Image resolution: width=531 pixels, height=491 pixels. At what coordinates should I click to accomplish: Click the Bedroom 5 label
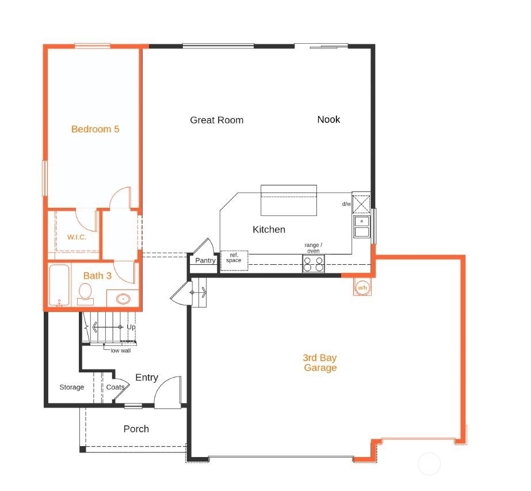tap(95, 129)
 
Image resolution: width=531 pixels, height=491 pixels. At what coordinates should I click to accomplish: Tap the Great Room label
tap(217, 120)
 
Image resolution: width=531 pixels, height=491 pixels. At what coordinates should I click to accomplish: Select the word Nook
tap(328, 119)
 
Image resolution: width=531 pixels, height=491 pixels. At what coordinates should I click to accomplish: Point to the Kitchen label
tap(269, 230)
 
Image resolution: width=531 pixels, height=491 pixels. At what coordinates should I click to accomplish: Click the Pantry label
tap(205, 260)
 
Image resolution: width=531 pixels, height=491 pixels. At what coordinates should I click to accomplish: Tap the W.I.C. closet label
tap(77, 237)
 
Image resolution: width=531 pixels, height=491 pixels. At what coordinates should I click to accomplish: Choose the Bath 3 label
tap(97, 276)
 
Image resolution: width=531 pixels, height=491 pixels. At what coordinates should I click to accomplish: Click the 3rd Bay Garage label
tap(320, 363)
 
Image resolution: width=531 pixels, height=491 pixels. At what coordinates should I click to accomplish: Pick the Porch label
tap(136, 429)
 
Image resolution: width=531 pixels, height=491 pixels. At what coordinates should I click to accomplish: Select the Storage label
tap(72, 387)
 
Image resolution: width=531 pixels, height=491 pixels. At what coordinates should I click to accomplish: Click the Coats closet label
tap(115, 387)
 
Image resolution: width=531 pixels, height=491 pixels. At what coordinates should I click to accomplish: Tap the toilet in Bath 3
tap(85, 294)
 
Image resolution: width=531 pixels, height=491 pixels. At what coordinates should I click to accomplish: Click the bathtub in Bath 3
tap(60, 286)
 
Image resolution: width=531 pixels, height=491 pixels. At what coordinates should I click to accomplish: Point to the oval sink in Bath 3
tap(123, 299)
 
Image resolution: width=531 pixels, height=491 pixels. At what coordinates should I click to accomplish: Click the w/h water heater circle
tap(362, 288)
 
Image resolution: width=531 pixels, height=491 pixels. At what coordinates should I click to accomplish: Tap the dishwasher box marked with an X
tap(361, 204)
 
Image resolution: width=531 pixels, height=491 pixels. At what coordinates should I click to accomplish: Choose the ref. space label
tap(234, 257)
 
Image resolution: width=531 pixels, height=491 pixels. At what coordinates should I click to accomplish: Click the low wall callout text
tap(121, 351)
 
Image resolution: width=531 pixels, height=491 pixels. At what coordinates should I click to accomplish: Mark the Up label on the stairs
tap(131, 328)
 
